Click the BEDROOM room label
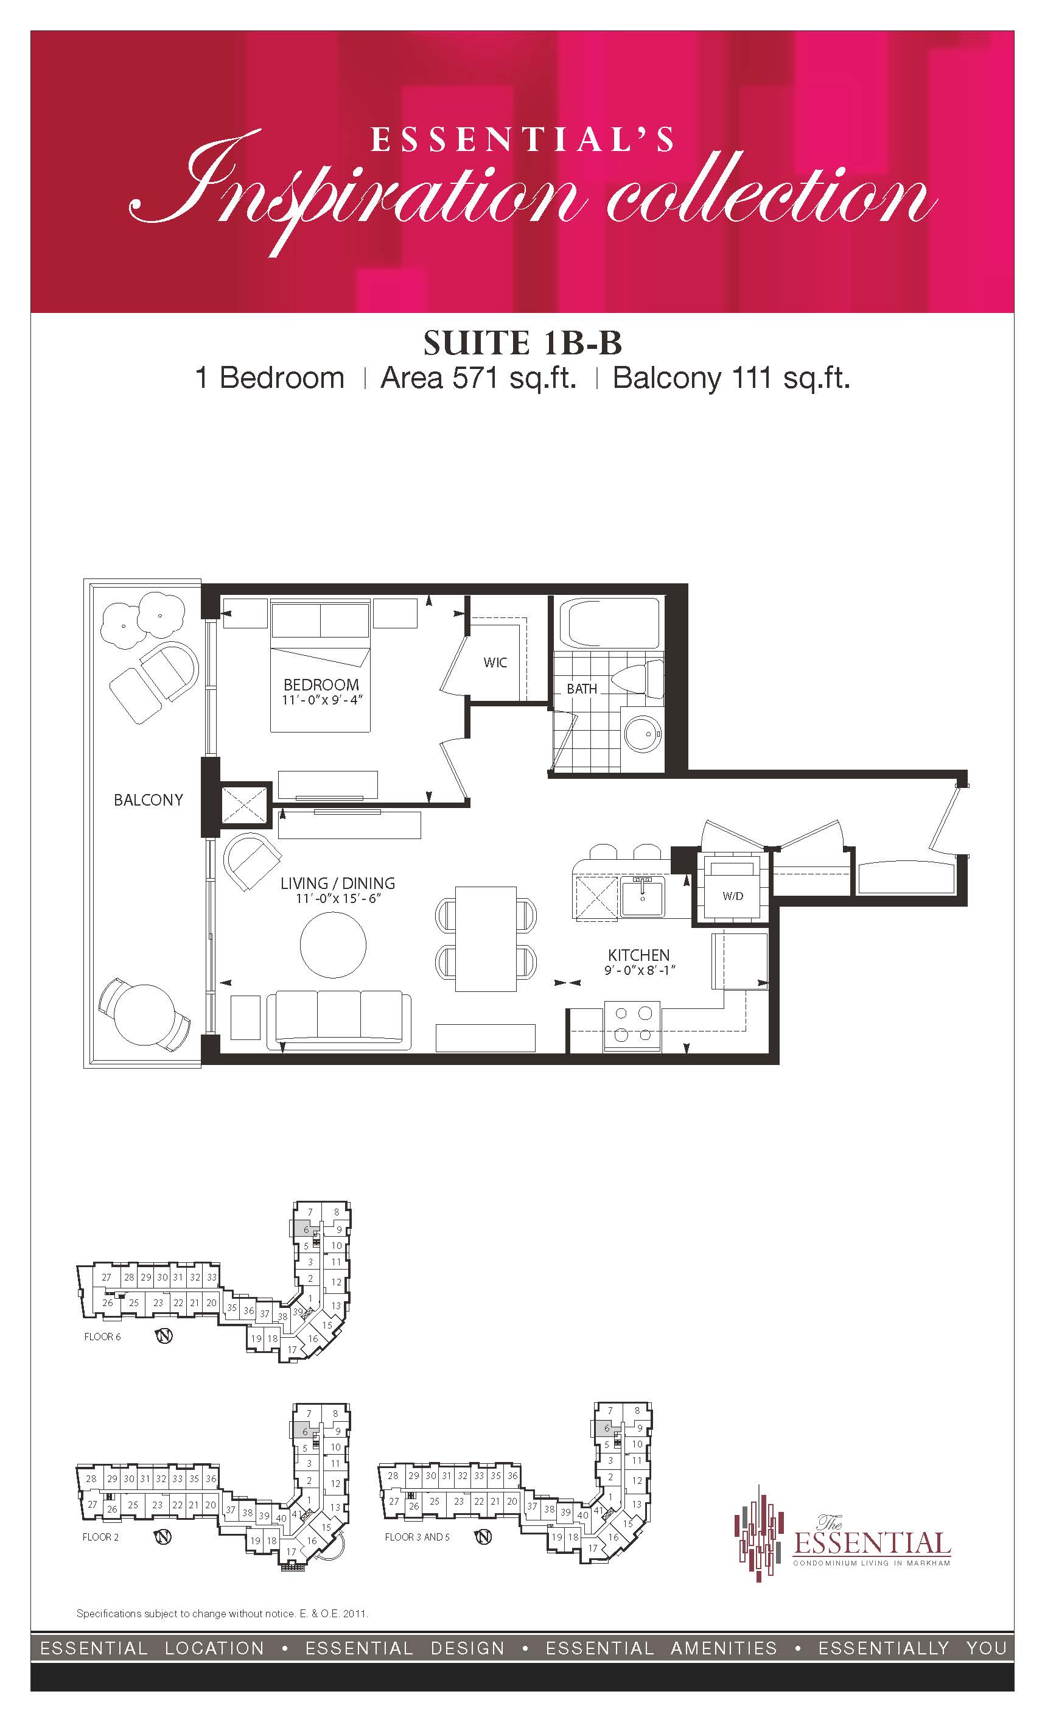pos(321,685)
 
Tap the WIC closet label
pos(495,662)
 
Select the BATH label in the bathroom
pos(582,689)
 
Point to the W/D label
pos(733,896)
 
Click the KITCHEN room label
pos(638,955)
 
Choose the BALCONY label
pos(148,799)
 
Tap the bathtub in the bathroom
pos(615,624)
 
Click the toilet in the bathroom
pos(638,678)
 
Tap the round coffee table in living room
pos(333,944)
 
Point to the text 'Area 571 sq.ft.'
pos(478,378)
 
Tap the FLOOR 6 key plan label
pos(103,1337)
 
